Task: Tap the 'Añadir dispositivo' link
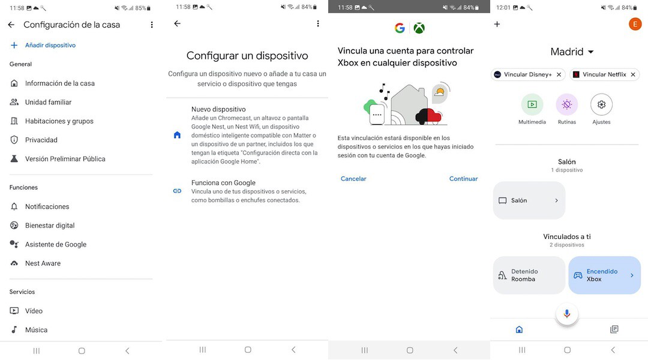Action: pos(50,46)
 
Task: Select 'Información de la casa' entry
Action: pos(59,83)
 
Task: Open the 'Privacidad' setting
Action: pos(41,140)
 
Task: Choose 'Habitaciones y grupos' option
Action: pos(59,121)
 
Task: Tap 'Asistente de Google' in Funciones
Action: pos(55,244)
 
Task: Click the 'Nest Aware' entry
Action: pos(43,263)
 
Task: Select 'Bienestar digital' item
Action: pos(49,226)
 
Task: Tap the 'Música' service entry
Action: pos(36,330)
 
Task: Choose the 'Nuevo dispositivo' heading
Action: pos(218,109)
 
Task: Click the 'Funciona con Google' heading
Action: pos(223,183)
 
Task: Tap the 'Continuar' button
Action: pos(463,179)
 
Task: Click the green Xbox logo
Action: pos(419,28)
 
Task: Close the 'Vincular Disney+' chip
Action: pos(559,75)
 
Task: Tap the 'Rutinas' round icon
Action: pos(566,104)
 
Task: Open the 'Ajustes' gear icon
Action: pos(601,104)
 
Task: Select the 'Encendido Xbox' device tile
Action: pos(604,275)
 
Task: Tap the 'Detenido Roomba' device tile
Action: pos(529,275)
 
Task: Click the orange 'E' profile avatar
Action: pos(635,24)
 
